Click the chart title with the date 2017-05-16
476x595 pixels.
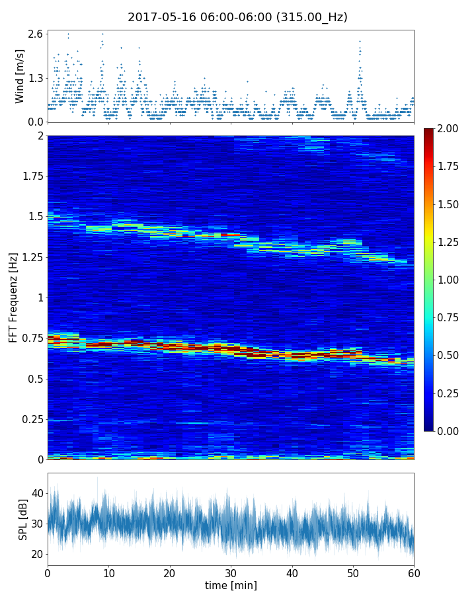coord(237,17)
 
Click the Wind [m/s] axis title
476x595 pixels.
coord(20,76)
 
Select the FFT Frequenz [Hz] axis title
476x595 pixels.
coord(13,297)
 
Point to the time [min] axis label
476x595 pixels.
coord(231,585)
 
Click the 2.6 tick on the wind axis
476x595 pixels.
coord(36,34)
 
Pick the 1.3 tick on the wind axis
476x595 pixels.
coord(36,78)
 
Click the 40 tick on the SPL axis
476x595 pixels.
coord(37,493)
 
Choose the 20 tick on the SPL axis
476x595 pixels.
coord(37,554)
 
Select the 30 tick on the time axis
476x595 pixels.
coord(231,572)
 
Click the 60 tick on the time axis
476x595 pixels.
coord(414,572)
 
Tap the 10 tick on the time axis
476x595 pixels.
coord(108,572)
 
